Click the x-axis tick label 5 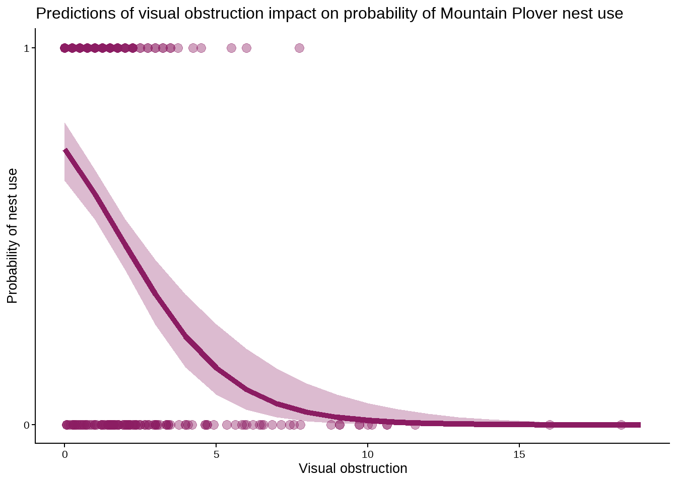(x=216, y=455)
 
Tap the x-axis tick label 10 (x=368, y=455)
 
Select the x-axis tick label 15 (x=519, y=455)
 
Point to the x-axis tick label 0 (x=64, y=455)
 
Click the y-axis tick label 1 (x=27, y=48)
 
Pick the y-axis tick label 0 (x=27, y=425)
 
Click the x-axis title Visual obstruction (x=353, y=468)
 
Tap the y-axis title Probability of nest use (x=13, y=236)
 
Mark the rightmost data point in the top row (x=299, y=48)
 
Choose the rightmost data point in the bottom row (x=621, y=425)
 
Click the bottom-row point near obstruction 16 (x=550, y=425)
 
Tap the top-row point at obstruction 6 (x=246, y=48)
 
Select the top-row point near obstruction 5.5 (x=231, y=48)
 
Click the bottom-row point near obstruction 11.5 (x=415, y=425)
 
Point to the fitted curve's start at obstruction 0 (x=65, y=150)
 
